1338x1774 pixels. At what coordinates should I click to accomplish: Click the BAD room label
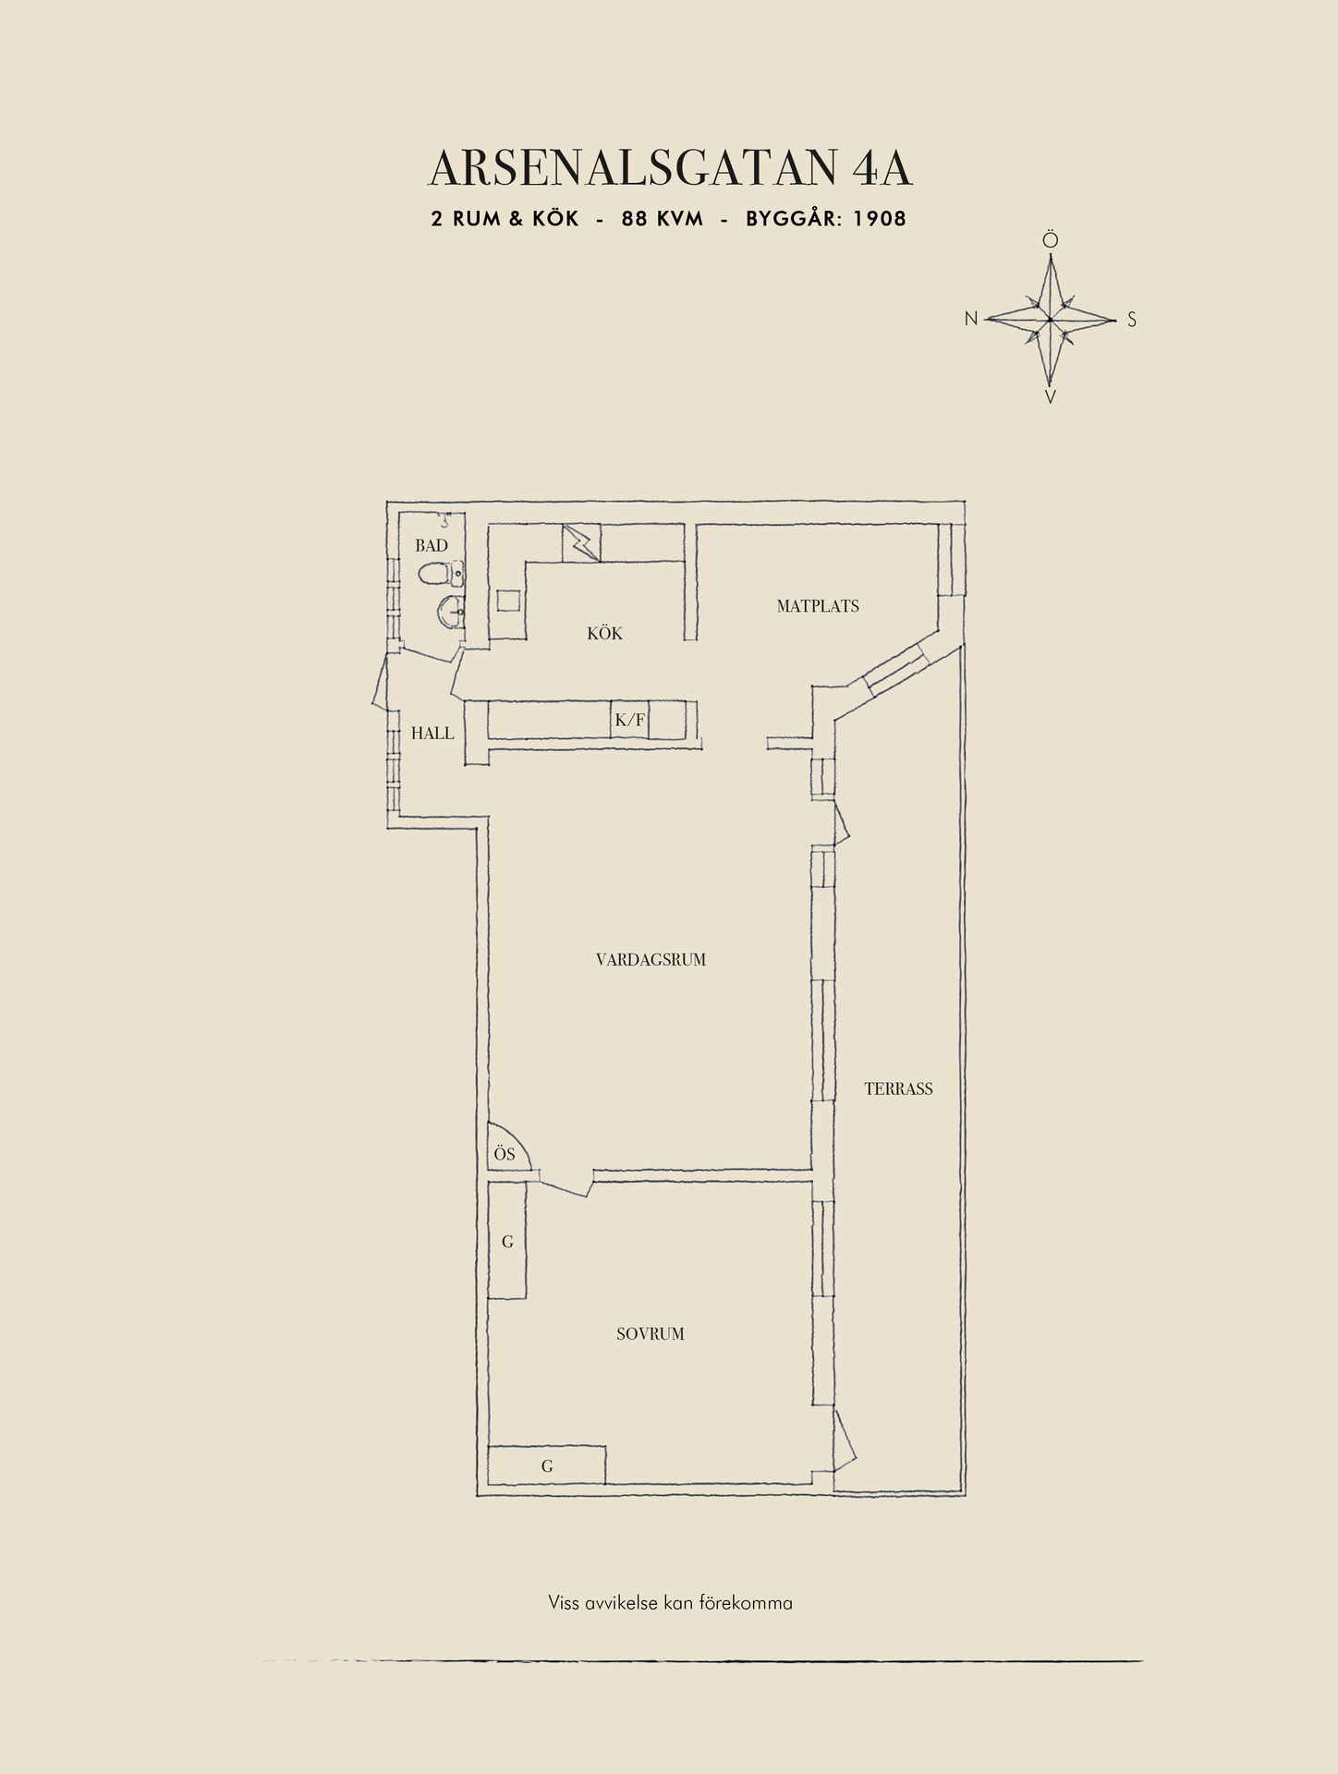432,545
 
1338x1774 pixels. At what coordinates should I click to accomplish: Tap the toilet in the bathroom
442,575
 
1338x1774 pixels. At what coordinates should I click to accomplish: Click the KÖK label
604,633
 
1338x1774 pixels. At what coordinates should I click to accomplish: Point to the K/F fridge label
630,720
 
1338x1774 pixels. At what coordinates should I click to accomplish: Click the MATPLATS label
818,606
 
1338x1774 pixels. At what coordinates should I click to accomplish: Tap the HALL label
432,734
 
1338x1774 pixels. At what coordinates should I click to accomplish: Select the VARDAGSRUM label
651,960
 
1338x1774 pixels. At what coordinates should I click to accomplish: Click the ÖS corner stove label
504,1154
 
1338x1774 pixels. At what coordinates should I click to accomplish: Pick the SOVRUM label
651,1334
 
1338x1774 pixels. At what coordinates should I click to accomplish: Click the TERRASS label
898,1089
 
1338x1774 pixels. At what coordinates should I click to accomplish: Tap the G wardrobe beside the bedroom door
507,1241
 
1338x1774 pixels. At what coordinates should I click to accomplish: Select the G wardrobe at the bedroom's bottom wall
547,1464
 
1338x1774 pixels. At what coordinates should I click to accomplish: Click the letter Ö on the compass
1051,240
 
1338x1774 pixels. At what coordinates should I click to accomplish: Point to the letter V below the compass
1051,397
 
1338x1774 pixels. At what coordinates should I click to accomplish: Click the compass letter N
971,319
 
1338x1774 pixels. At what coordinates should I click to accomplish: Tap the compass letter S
1132,321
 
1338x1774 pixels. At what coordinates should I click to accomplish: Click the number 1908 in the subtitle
880,219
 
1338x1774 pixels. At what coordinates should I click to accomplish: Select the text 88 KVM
663,219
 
